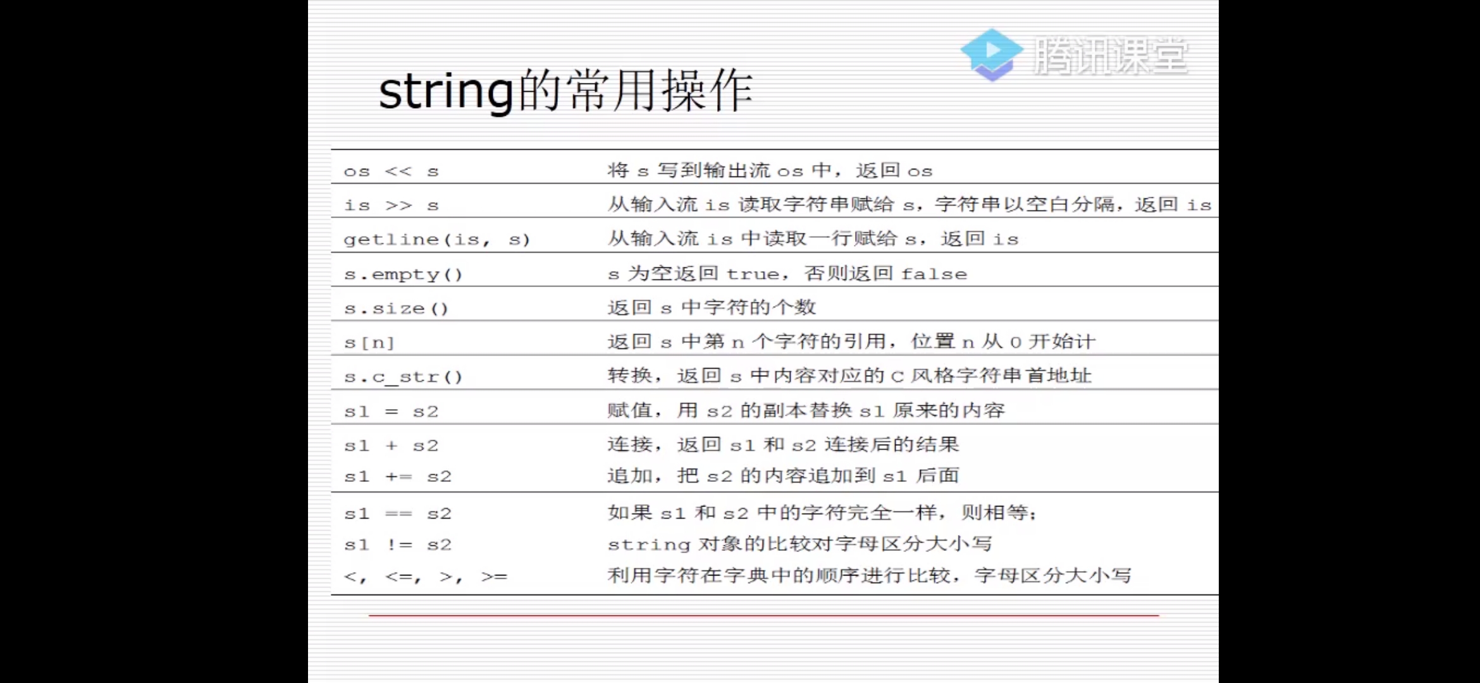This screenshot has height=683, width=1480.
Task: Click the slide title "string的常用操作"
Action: (565, 91)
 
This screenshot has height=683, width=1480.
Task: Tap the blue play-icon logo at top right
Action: (991, 54)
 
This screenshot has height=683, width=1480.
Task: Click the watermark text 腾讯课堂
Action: (1111, 56)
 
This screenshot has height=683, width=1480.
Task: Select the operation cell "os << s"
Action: (391, 171)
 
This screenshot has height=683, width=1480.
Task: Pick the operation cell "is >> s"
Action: (391, 206)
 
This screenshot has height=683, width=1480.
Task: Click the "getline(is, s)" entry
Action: (436, 240)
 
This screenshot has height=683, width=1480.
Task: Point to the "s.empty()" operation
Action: (403, 274)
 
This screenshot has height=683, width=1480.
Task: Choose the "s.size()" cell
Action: (396, 309)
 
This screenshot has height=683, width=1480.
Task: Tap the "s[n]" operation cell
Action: (369, 343)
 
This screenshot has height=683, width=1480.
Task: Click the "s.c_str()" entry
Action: (403, 378)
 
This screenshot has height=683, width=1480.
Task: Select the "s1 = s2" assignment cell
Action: (391, 412)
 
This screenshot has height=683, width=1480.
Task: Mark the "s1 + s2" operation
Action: (391, 446)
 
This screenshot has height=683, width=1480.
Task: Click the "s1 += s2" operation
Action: (397, 477)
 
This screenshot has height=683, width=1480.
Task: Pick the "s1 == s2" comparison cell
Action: (397, 514)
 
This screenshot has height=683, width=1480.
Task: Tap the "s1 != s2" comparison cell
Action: (397, 545)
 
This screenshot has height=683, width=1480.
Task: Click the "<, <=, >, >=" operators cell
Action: (425, 577)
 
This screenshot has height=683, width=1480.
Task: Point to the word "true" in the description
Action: (753, 274)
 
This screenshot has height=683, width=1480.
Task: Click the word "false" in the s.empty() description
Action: (934, 274)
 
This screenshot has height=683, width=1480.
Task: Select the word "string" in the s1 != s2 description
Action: (648, 545)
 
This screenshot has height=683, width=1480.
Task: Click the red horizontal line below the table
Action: (763, 615)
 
